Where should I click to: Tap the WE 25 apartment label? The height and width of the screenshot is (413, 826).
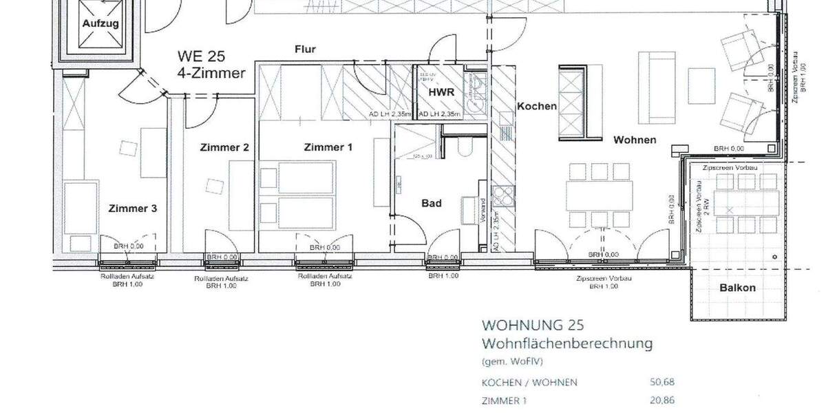click(201, 56)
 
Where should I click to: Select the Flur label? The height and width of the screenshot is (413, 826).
click(305, 50)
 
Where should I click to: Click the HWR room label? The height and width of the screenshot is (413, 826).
click(441, 92)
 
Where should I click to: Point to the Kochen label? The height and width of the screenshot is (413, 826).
click(536, 107)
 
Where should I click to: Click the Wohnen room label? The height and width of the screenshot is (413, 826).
click(635, 140)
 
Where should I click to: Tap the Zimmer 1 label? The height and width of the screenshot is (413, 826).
click(328, 147)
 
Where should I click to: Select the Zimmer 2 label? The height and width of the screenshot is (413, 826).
click(224, 147)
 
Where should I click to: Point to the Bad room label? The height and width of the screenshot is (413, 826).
click(431, 203)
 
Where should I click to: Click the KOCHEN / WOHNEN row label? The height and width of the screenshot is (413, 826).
click(529, 383)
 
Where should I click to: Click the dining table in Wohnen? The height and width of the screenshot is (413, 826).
click(597, 193)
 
